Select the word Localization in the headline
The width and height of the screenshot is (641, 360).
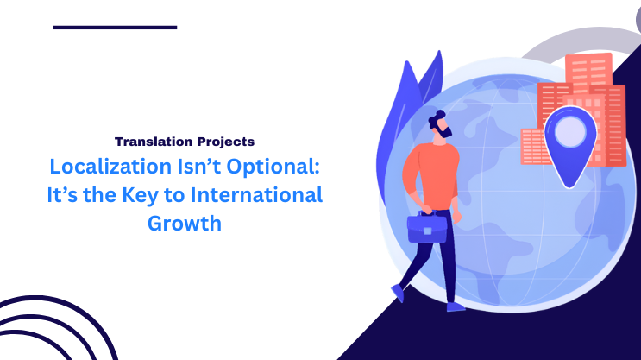pyautogui.click(x=103, y=167)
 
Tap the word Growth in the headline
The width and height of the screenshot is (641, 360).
pyautogui.click(x=185, y=223)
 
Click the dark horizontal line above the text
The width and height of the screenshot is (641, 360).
pyautogui.click(x=115, y=28)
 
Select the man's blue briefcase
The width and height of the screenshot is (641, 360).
pyautogui.click(x=426, y=228)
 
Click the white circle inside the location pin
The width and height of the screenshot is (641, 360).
pyautogui.click(x=570, y=132)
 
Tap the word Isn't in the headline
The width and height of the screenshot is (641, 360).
pyautogui.click(x=193, y=167)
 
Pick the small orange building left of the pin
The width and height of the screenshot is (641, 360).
pyautogui.click(x=532, y=147)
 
